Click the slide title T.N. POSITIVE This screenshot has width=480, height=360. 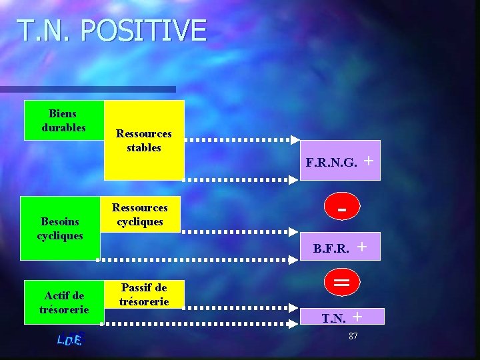pos(111,31)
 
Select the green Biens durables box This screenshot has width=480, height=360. pos(64,121)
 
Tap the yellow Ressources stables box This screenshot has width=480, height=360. pos(144,140)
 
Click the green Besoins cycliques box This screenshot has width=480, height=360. pos(60,228)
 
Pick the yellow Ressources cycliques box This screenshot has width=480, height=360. pos(139,215)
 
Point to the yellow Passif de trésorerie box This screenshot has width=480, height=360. pos(143,294)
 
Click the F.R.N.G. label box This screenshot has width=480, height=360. pos(340,161)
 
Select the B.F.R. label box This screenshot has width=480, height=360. pos(340,247)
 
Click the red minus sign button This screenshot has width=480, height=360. pos(341,209)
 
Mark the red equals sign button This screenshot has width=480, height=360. pos(341,283)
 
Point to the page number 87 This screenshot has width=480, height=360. pos(353,336)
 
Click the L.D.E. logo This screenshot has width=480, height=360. pos(69,339)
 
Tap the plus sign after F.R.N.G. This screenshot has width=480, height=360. pos(369,160)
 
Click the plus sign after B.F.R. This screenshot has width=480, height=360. pos(363,246)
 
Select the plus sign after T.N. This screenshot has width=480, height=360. pos(357,316)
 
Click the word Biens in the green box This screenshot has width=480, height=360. pos(63,114)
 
